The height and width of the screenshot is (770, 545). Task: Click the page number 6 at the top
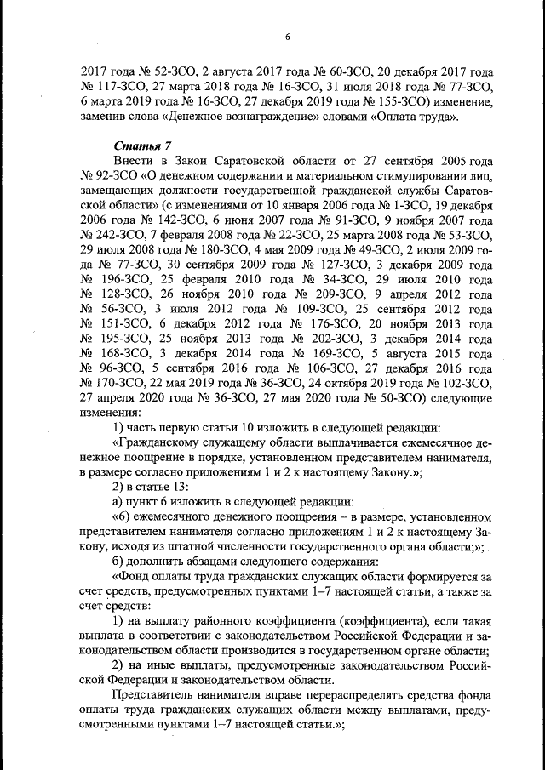(287, 36)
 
